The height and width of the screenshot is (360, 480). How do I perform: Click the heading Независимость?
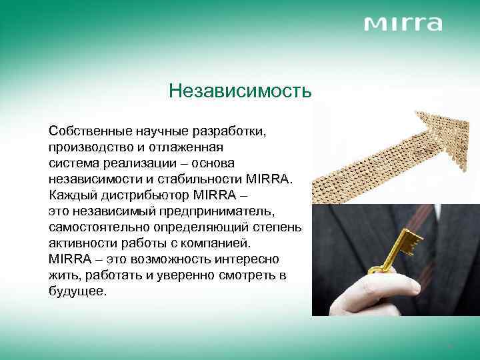click(240, 90)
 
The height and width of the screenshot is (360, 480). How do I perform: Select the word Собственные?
click(87, 131)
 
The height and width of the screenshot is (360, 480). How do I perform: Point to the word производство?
click(88, 147)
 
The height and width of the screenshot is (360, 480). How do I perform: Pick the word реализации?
click(134, 163)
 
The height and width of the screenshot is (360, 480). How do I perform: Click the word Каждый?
click(73, 195)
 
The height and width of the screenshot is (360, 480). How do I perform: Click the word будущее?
click(77, 291)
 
